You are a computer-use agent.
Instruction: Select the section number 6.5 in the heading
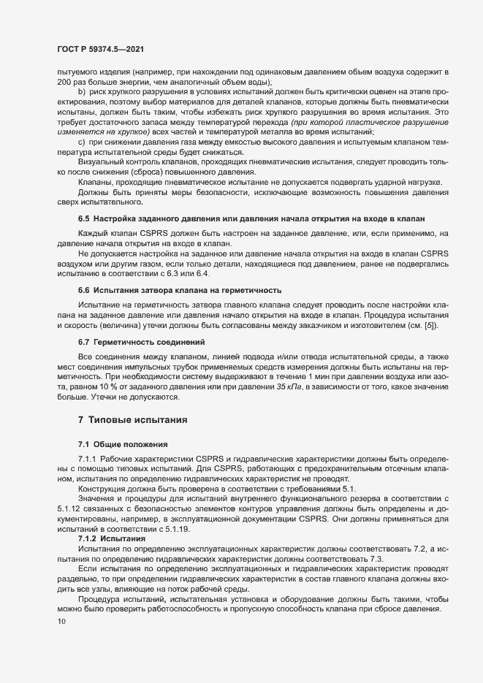click(83, 219)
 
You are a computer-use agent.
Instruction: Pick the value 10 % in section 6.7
click(96, 385)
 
